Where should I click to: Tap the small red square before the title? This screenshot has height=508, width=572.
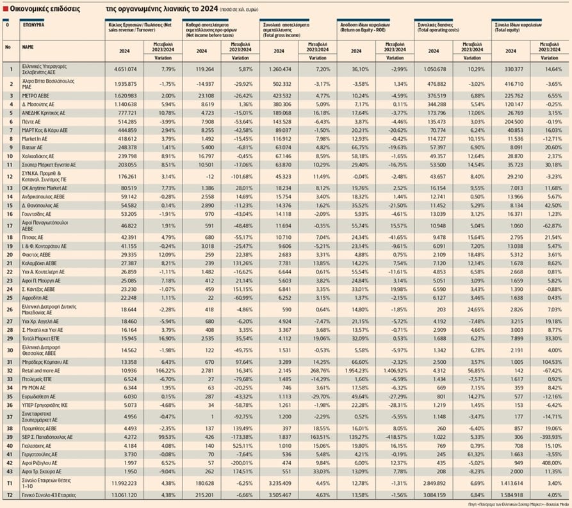coord(4,10)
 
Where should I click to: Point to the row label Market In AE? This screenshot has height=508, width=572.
coord(36,138)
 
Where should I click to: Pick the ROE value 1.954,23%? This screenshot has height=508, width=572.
coord(359,370)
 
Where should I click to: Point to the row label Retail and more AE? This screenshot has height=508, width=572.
coord(41,370)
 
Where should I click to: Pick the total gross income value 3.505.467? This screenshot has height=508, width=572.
coord(280,495)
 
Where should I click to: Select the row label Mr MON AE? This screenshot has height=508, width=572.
coord(33,388)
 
